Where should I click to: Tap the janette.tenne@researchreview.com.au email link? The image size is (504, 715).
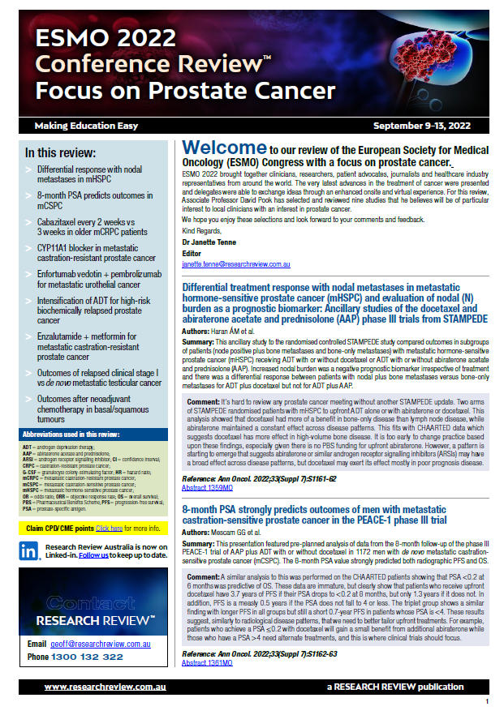tap(235, 264)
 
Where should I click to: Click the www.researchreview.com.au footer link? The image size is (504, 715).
tap(106, 687)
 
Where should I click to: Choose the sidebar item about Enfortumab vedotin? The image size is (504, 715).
tap(98, 280)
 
